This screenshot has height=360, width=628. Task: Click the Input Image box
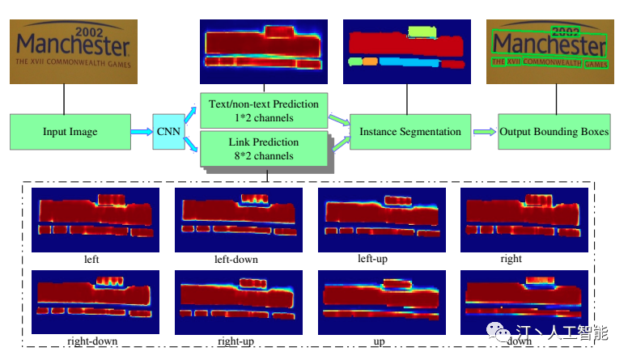(x=70, y=132)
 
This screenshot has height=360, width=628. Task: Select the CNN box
(x=169, y=132)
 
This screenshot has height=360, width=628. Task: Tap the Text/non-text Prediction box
(x=263, y=111)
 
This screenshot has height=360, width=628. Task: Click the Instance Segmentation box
(x=410, y=132)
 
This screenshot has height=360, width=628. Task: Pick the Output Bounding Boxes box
(x=554, y=132)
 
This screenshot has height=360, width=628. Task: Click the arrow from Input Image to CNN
(x=141, y=132)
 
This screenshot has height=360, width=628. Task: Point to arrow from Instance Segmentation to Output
(x=484, y=132)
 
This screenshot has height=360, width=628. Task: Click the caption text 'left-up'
(x=376, y=259)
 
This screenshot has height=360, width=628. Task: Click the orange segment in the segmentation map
(x=370, y=61)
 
